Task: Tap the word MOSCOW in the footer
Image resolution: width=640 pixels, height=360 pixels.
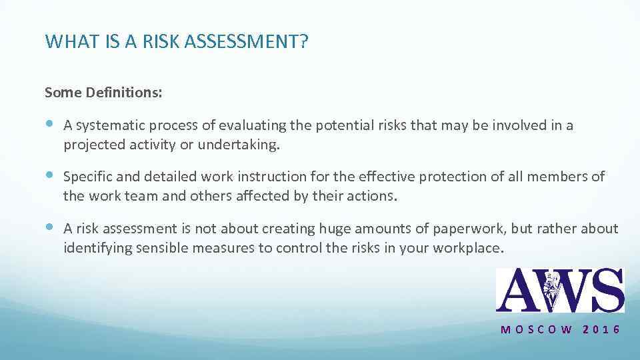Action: tap(536, 330)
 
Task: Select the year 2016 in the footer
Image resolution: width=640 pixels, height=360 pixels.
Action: tap(601, 330)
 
